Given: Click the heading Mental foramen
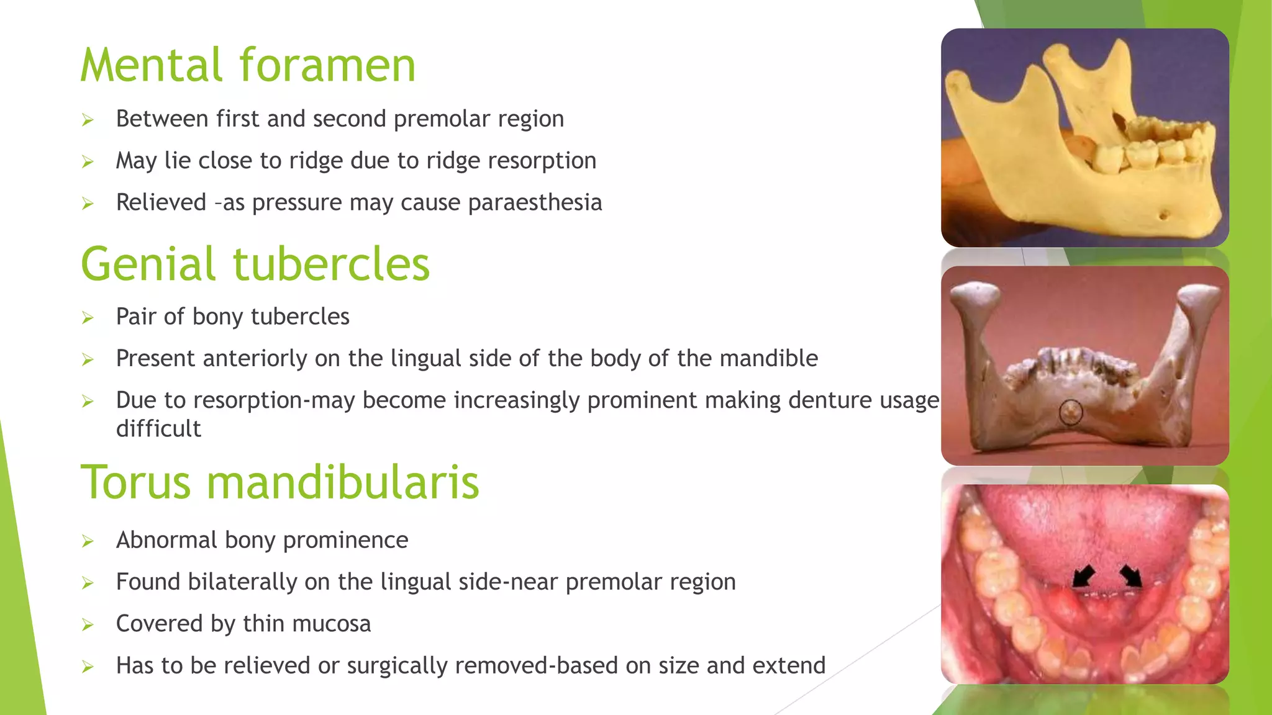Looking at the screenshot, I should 248,65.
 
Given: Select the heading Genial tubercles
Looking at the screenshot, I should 255,264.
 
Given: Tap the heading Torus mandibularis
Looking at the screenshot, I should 280,482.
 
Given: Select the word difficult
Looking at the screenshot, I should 158,429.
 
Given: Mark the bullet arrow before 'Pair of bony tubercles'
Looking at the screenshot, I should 88,318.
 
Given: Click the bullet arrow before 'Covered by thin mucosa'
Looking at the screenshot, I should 88,625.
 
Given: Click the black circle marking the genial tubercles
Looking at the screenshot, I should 1070,412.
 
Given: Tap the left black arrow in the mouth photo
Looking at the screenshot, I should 1084,575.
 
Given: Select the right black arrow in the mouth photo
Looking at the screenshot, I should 1131,575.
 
